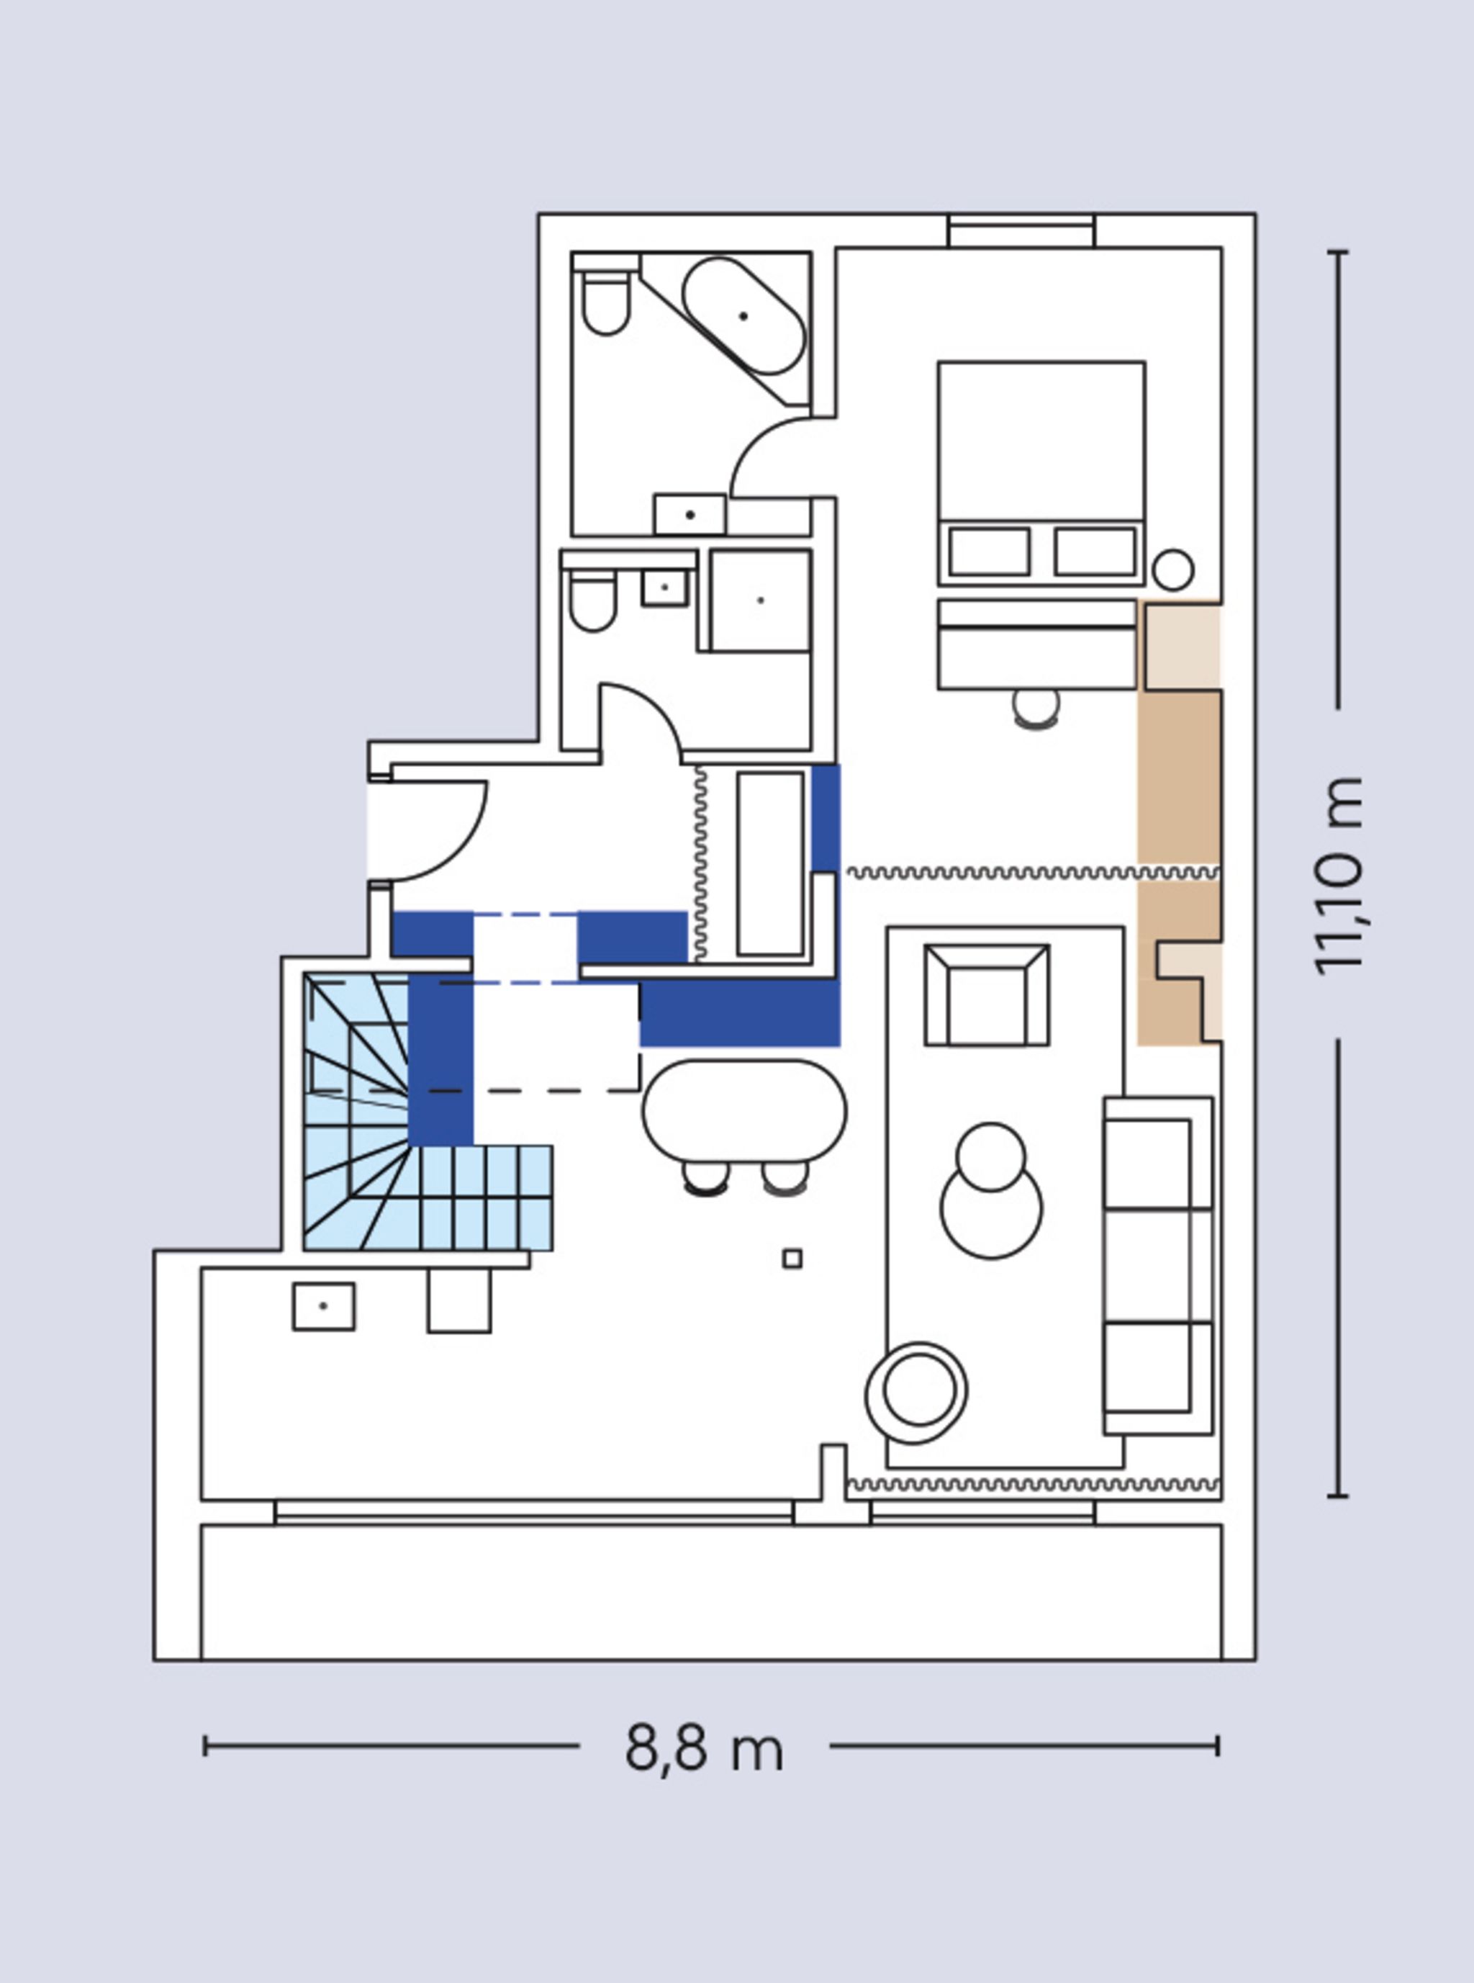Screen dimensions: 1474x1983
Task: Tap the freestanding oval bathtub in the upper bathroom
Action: (743, 316)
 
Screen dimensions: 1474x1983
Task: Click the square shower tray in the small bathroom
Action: (760, 601)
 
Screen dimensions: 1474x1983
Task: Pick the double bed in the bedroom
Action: (1041, 473)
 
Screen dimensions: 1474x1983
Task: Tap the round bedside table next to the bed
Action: (1173, 570)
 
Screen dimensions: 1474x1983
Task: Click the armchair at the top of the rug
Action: (987, 995)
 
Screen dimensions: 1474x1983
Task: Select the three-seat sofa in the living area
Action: (1158, 1267)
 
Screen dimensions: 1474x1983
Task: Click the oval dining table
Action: (744, 1111)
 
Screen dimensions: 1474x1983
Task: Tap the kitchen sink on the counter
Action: (324, 1307)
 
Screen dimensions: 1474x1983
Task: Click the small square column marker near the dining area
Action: (792, 1259)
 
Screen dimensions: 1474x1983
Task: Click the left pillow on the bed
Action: (990, 552)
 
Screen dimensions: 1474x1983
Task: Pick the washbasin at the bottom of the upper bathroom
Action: (689, 515)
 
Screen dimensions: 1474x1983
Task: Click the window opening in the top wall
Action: (1021, 231)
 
